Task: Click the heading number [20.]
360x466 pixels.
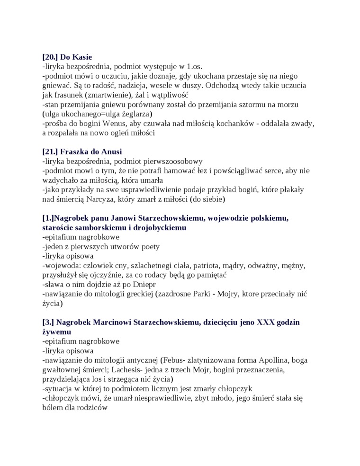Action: point(50,57)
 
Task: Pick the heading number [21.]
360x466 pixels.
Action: point(50,152)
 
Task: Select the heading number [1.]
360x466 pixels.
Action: point(48,218)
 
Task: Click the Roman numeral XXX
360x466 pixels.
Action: point(265,323)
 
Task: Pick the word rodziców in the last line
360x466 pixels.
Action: point(94,408)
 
